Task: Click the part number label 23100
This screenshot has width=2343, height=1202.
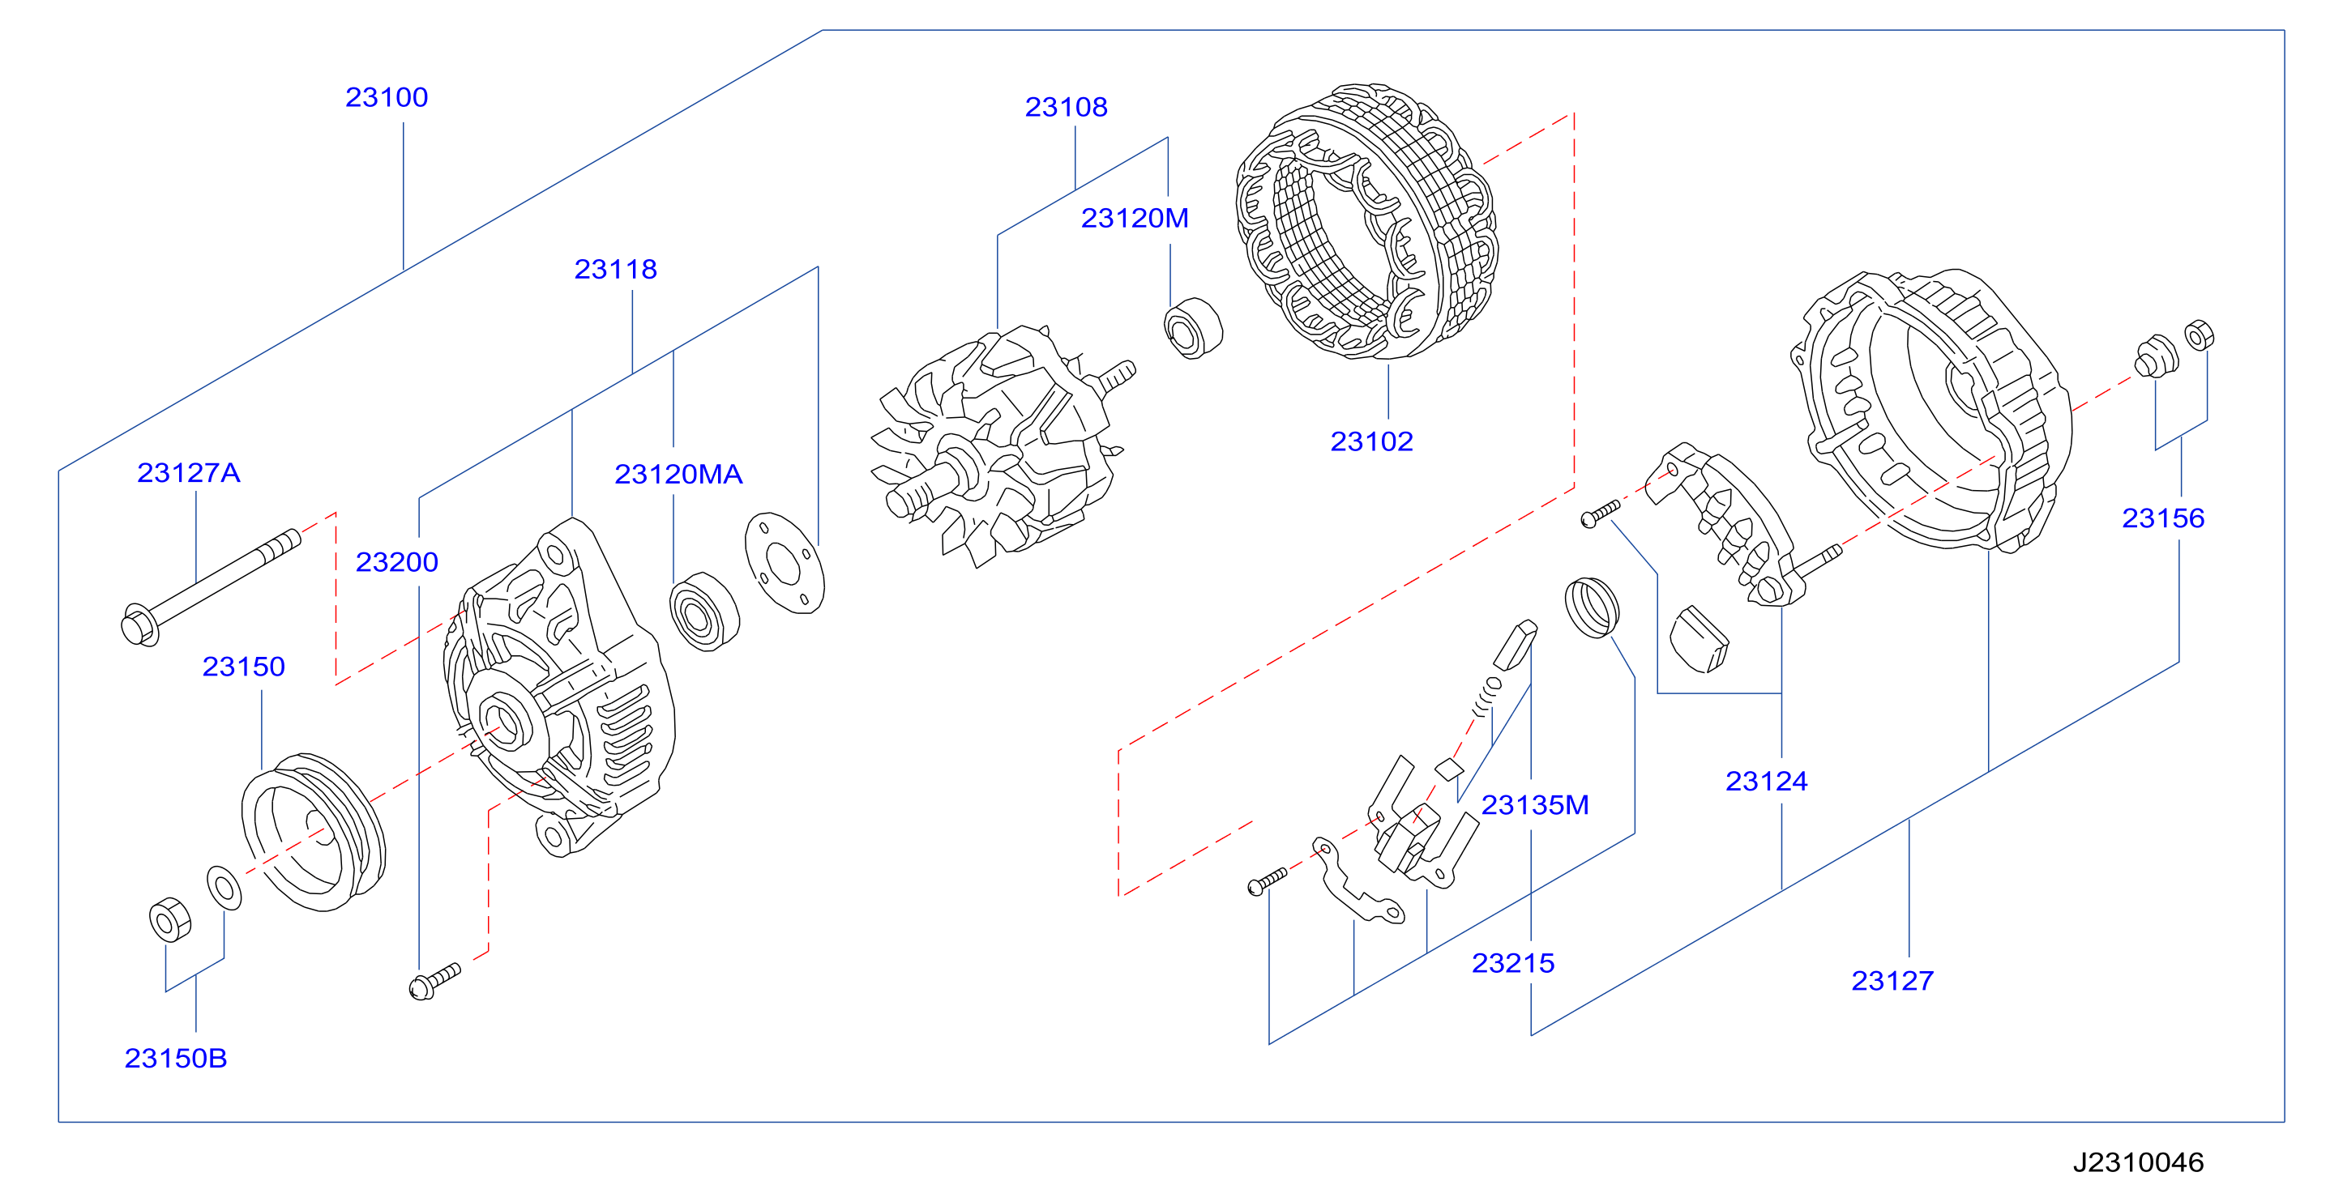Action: pos(387,97)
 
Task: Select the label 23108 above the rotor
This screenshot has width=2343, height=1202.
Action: pos(1066,107)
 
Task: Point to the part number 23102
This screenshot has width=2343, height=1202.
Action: pos(1371,442)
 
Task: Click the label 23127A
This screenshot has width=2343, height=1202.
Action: pos(188,473)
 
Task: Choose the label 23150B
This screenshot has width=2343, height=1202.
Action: pos(176,1059)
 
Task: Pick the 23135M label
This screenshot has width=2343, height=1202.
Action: pos(1535,804)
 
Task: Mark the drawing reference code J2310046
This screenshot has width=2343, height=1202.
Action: pos(2138,1162)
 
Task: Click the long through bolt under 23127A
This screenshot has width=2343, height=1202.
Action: pos(211,587)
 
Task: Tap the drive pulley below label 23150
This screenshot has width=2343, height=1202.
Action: pos(314,831)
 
